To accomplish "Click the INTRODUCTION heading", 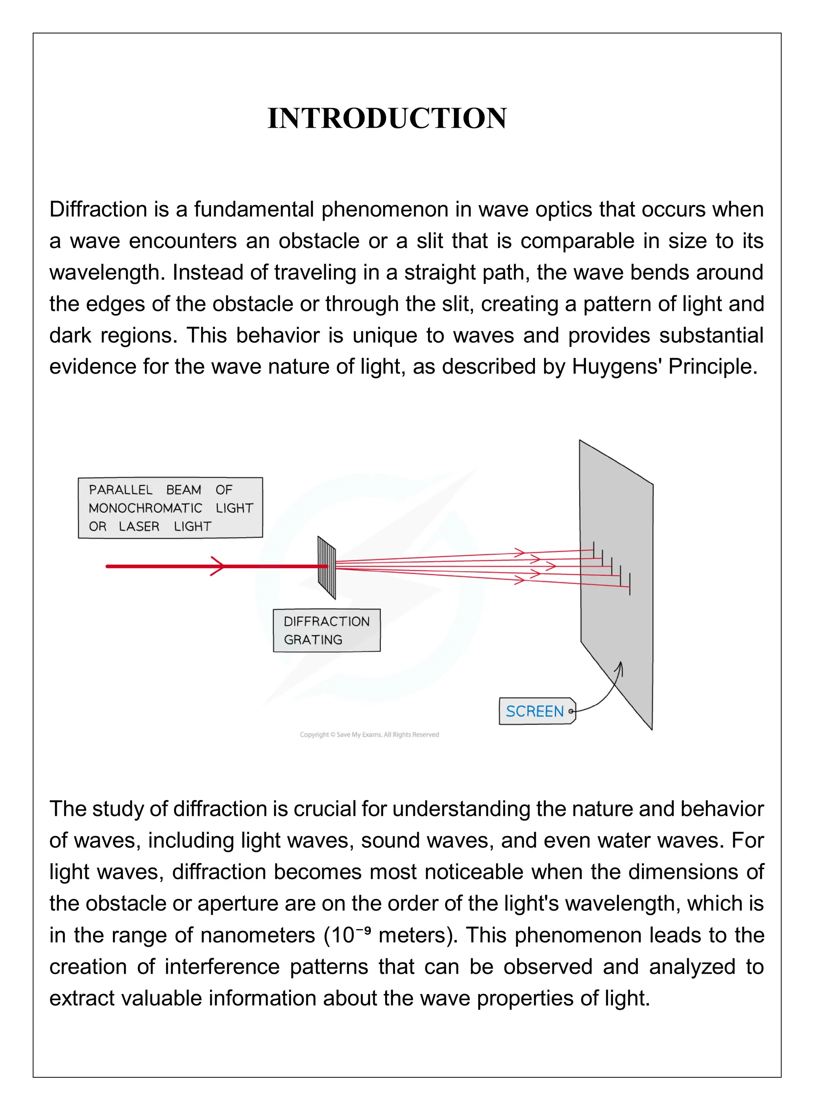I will coord(387,118).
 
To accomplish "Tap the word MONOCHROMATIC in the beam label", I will coord(145,508).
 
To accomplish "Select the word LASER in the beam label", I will coord(139,526).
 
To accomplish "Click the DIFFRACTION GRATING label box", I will coord(327,630).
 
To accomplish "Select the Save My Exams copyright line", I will coord(369,734).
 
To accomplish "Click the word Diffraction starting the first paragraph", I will coord(98,209).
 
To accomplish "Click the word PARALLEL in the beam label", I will coord(121,490).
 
